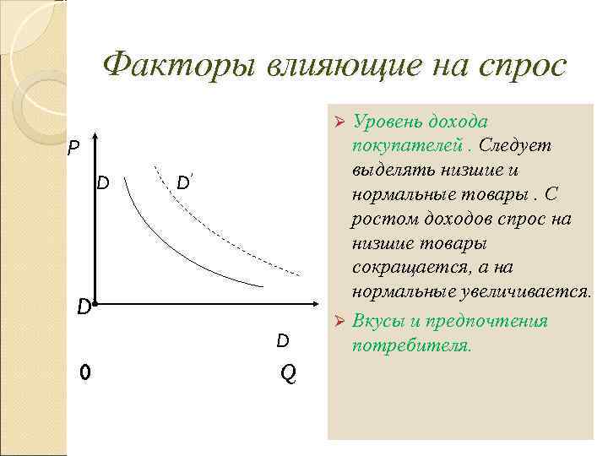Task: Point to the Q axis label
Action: pos(287,373)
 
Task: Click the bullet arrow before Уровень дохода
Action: pos(339,122)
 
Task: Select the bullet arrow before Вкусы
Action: pos(339,322)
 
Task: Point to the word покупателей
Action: pos(402,146)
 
